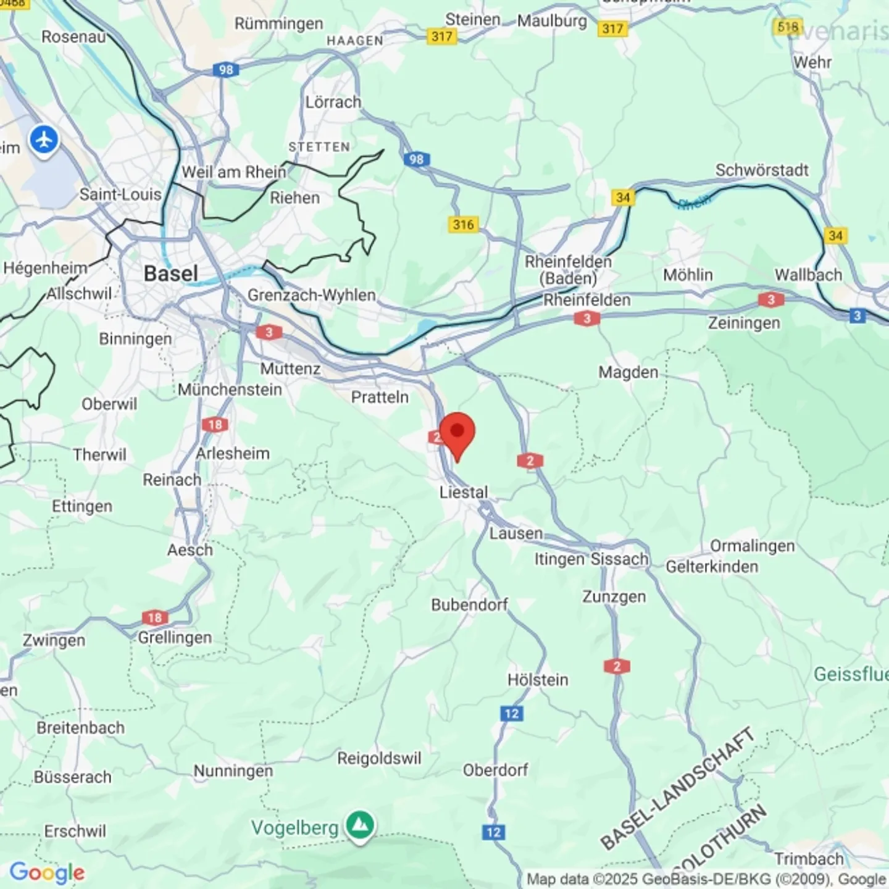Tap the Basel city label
[170, 273]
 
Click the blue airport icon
[44, 140]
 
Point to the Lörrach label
[333, 102]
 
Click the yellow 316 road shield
[463, 224]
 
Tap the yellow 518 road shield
[788, 27]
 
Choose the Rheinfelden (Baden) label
[568, 270]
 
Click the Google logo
[47, 872]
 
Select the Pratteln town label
[380, 397]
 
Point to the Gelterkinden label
[711, 567]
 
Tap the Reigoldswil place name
[379, 758]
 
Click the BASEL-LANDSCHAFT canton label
[678, 788]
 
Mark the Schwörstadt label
[761, 170]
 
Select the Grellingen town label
[175, 637]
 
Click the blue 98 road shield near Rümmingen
[226, 70]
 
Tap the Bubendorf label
[469, 604]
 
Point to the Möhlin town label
[688, 275]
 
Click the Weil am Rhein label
[234, 172]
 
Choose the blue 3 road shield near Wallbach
[856, 316]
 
